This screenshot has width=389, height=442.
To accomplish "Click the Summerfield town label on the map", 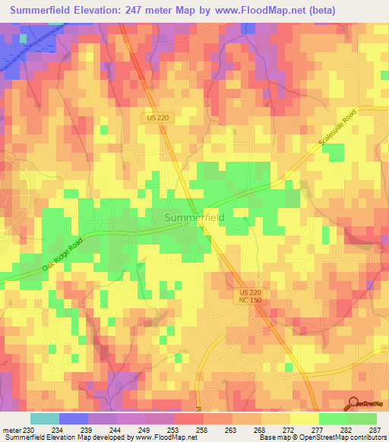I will tap(194, 218).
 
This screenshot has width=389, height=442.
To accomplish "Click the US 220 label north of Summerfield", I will tap(156, 118).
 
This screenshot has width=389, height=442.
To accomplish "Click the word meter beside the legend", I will tap(11, 429).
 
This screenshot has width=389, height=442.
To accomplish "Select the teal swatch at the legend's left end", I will tap(44, 418).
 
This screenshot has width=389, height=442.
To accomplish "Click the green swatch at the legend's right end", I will tap(362, 418).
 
